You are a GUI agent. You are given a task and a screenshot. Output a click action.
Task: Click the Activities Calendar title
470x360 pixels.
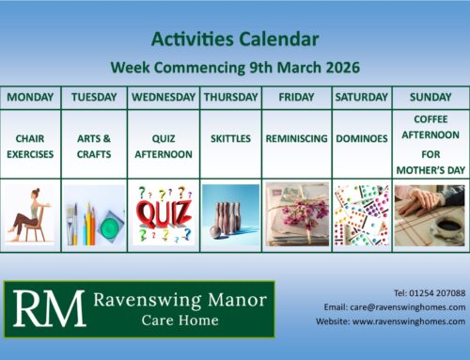point(234,39)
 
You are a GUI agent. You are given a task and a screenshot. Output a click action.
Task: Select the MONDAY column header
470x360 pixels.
point(31,97)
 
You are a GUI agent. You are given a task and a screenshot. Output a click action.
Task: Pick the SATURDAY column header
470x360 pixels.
point(362,97)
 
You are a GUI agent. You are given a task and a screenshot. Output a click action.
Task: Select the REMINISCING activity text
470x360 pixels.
point(296,138)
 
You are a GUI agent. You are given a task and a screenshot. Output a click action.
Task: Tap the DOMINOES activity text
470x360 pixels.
point(362,138)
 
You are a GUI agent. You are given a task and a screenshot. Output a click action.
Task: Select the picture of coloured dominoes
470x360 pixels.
point(362,214)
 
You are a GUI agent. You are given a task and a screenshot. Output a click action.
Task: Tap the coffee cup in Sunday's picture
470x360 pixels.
point(448,227)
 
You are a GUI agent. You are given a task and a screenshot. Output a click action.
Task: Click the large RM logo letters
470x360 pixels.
point(46,309)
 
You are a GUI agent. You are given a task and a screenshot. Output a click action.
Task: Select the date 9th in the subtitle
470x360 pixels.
point(262,67)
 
